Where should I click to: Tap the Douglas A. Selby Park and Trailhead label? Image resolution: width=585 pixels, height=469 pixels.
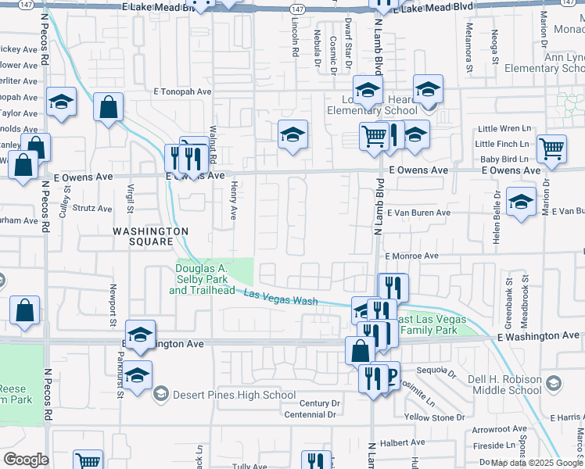[x=202, y=280]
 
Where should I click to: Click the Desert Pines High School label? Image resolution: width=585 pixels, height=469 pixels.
[x=235, y=395]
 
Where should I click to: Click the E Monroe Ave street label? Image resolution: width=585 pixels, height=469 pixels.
[x=411, y=256]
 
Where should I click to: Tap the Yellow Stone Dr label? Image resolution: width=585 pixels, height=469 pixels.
[x=429, y=417]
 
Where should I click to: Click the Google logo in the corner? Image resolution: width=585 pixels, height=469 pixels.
[x=26, y=460]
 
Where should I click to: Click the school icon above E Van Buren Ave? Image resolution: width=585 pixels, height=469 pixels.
[x=521, y=201]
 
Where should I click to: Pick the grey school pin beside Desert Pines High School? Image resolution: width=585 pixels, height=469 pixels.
[x=161, y=393]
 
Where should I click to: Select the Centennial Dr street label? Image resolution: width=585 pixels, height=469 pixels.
[x=310, y=414]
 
